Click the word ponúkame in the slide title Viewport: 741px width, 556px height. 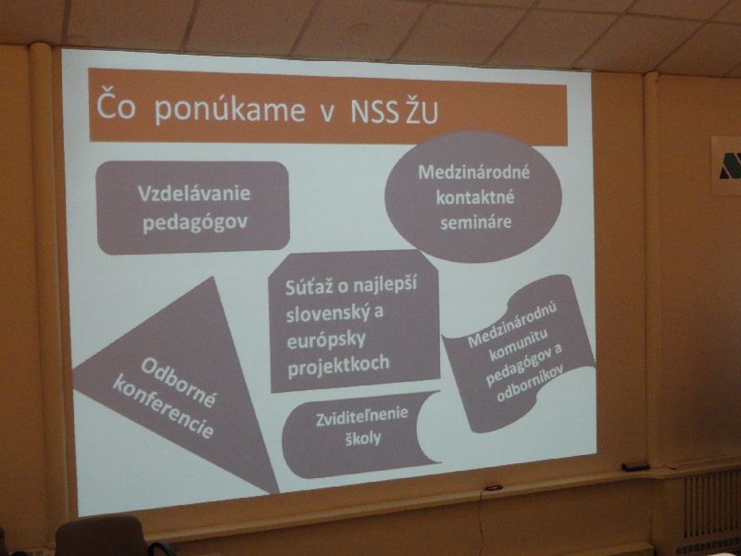click(230, 110)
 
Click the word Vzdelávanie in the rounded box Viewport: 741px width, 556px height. click(194, 193)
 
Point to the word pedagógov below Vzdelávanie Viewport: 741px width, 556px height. click(195, 222)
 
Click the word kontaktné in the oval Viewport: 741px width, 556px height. click(474, 197)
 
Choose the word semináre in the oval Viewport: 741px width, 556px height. click(475, 222)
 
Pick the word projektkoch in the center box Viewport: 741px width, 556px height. click(338, 364)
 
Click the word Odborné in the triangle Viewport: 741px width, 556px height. click(179, 382)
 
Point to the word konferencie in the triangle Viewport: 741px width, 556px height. click(163, 407)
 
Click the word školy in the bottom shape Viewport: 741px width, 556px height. click(362, 438)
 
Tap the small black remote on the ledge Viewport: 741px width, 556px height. click(635, 467)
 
